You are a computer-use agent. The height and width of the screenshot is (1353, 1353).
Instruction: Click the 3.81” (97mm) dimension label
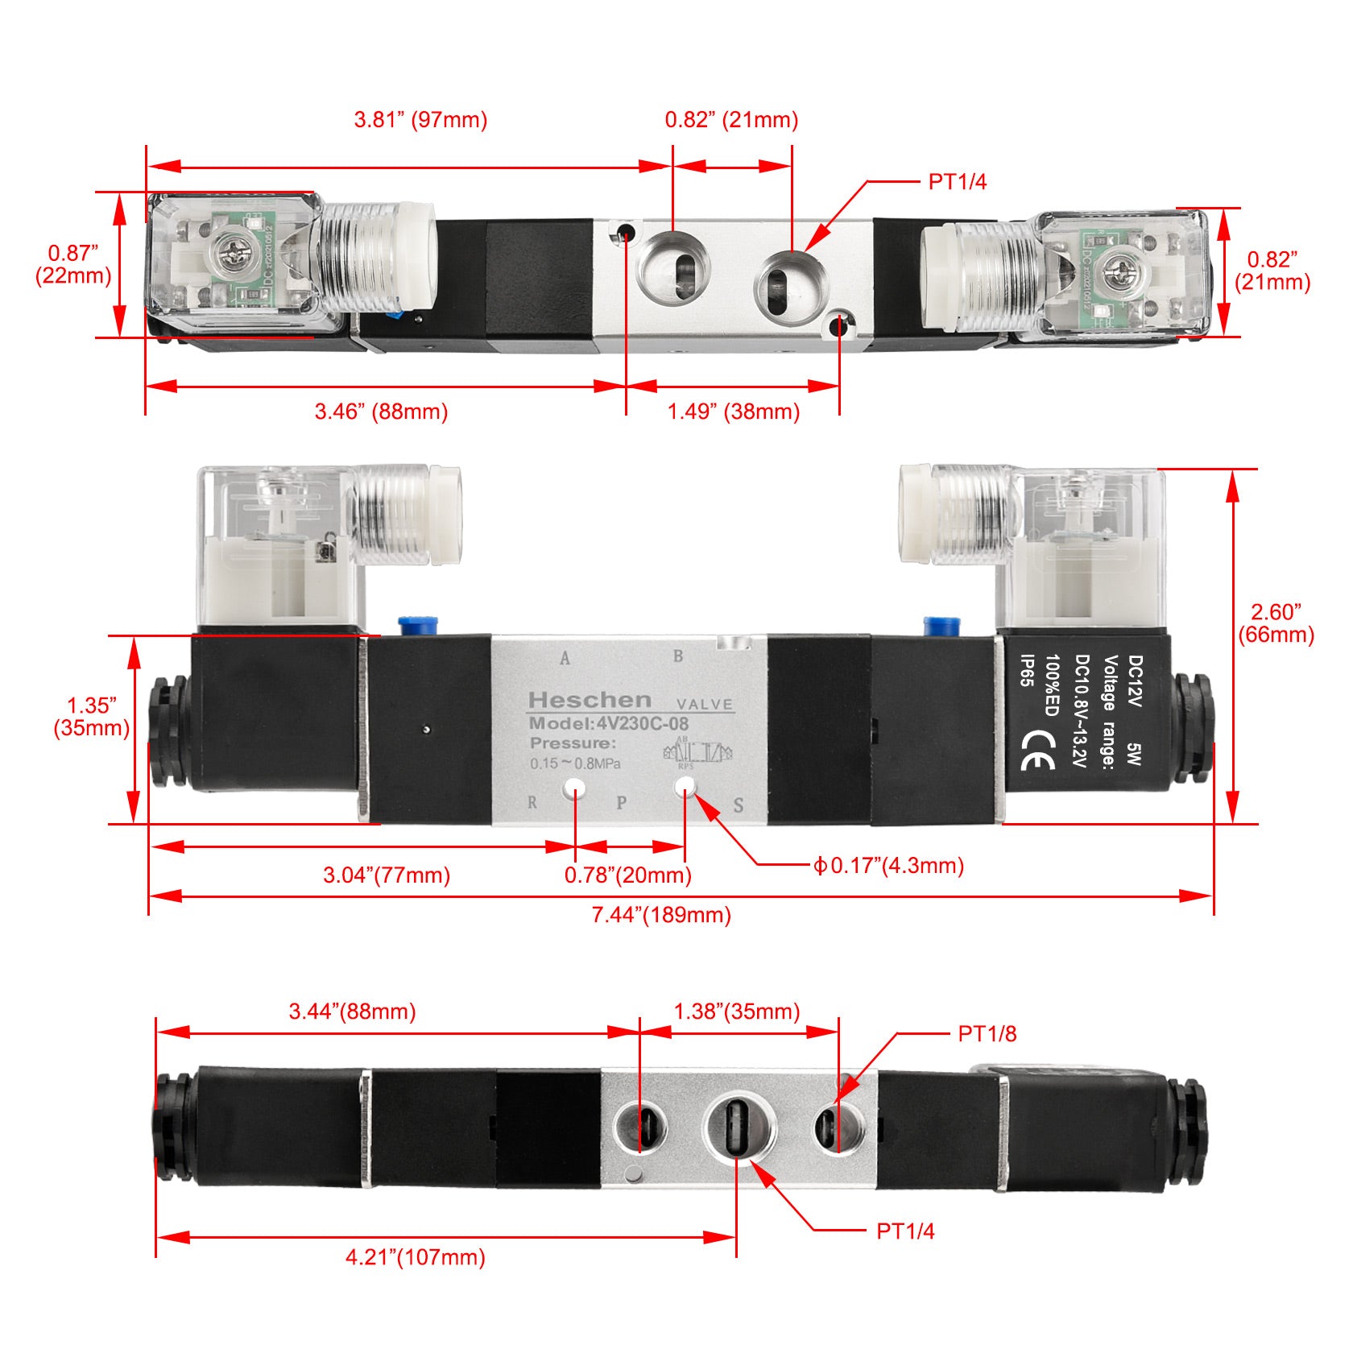420,120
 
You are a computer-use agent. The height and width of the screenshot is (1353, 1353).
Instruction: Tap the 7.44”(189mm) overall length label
661,915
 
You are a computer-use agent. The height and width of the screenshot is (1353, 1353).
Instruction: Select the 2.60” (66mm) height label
1276,623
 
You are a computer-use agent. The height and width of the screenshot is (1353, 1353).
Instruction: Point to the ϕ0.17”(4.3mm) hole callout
888,866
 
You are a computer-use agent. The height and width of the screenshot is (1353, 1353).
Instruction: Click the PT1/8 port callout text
987,1033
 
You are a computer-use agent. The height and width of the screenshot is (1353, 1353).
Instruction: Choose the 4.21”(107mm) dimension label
415,1257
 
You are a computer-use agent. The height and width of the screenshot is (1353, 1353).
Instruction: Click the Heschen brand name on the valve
590,700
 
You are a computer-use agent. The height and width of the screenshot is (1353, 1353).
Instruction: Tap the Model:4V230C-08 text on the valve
609,723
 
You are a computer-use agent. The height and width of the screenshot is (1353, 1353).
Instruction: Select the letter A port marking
565,658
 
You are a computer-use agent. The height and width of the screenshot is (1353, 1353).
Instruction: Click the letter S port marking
738,805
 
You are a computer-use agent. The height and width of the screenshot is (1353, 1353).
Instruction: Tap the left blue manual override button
418,626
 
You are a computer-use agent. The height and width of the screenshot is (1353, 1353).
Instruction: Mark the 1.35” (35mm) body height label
91,717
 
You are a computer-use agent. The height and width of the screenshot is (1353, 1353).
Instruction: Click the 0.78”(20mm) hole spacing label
627,875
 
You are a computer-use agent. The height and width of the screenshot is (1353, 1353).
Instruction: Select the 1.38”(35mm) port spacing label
736,1012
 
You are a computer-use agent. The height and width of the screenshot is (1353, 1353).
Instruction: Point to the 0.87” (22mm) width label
72,264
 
